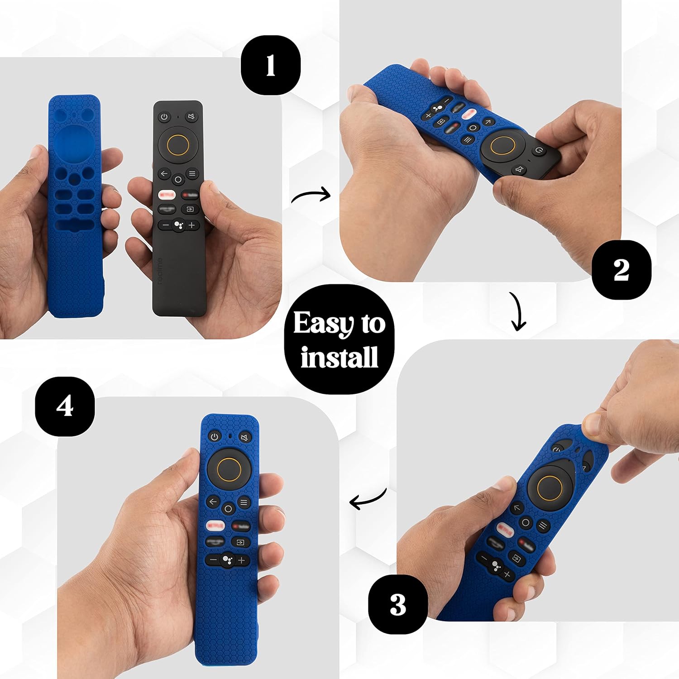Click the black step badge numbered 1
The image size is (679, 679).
pos(270,65)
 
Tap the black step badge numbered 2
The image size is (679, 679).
pos(621,270)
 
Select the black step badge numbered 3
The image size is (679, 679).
pos(398,604)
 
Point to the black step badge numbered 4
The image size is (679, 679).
pos(65,406)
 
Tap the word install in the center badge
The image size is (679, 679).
pos(339,357)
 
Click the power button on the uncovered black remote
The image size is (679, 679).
pos(164,117)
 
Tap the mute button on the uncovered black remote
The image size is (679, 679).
pos(191,117)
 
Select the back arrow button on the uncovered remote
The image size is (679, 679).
pos(164,174)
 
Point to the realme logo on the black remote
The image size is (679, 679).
pos(160,271)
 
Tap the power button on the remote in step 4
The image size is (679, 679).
pos(214,437)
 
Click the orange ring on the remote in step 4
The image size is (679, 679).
pos(229,469)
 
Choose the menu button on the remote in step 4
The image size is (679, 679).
pos(244,502)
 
